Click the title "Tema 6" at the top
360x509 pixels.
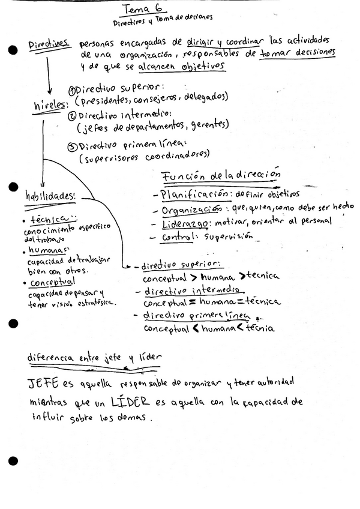coord(139,8)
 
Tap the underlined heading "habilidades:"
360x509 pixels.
coord(50,196)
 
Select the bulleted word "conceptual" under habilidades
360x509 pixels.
coord(49,283)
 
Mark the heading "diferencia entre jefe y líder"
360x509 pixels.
coord(94,358)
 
